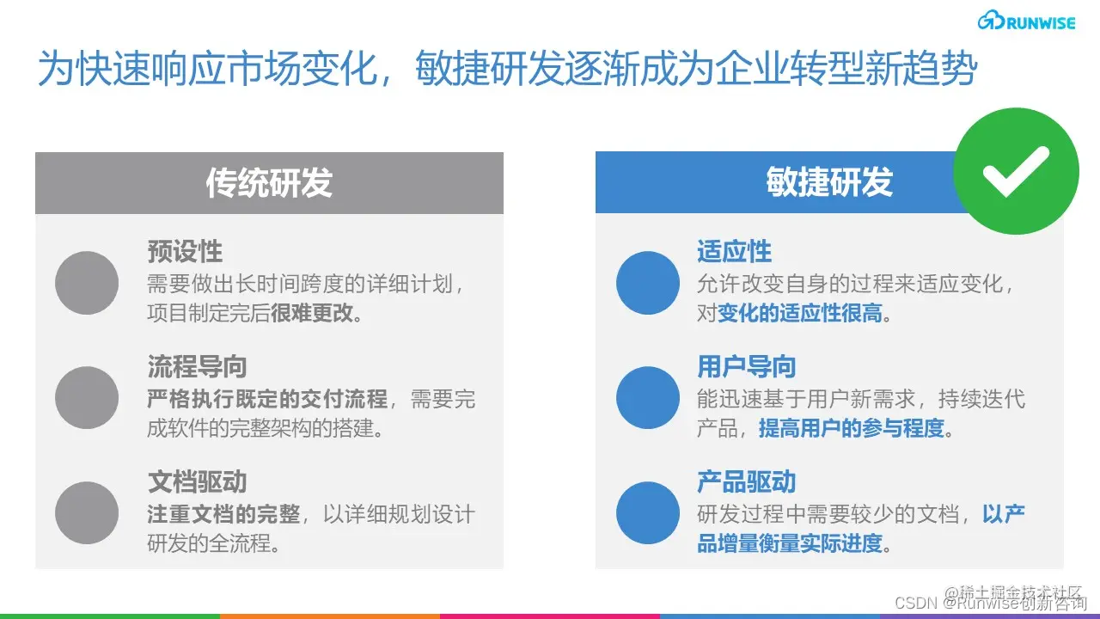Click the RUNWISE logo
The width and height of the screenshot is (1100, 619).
[x=1026, y=21]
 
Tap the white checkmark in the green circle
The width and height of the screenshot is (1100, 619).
[x=1016, y=171]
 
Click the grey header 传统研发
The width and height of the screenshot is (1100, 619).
[x=269, y=183]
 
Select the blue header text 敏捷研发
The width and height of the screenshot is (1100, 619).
[x=829, y=183]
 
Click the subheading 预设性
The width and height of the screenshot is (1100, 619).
[x=185, y=252]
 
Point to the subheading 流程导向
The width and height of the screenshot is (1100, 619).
[x=197, y=367]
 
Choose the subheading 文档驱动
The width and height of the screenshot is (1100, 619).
[x=197, y=482]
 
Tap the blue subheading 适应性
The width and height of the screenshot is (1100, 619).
[x=734, y=252]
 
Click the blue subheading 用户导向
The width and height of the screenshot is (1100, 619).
[x=746, y=367]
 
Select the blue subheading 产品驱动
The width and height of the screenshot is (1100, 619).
[x=746, y=482]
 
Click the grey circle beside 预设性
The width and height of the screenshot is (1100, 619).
[x=87, y=283]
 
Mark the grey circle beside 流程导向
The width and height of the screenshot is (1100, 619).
[x=87, y=398]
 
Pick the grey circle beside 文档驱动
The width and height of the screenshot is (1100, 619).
[x=87, y=513]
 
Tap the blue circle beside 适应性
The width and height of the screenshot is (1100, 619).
[x=648, y=283]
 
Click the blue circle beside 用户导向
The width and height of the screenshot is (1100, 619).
[x=648, y=398]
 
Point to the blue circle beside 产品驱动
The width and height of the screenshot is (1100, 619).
[x=648, y=513]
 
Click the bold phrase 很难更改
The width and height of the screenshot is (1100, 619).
[x=312, y=313]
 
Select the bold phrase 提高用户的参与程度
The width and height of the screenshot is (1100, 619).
[x=851, y=428]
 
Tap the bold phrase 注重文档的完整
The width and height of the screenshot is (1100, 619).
[x=223, y=514]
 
